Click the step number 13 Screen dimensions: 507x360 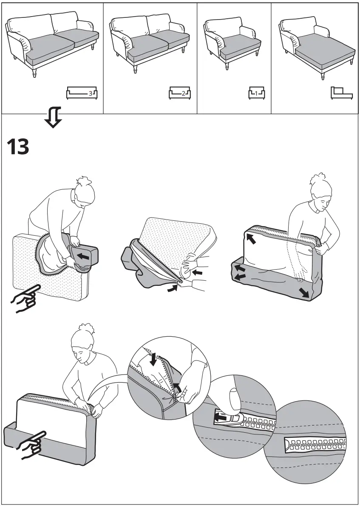(x=18, y=147)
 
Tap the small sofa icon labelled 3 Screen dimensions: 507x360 (x=82, y=93)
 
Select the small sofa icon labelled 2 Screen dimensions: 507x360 (x=180, y=93)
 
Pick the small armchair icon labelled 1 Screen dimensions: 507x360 (x=257, y=92)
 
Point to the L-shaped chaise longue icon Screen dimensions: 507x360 (x=340, y=92)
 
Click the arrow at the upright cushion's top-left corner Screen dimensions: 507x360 (x=252, y=240)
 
